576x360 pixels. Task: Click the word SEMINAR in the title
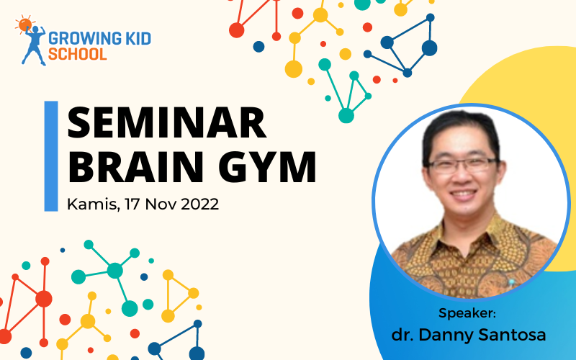(x=167, y=122)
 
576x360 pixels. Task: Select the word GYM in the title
(x=267, y=167)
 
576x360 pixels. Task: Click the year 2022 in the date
(x=199, y=204)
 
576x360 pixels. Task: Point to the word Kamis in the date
(x=92, y=204)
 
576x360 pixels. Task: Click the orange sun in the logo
(x=24, y=24)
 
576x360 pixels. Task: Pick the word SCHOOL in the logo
(x=78, y=53)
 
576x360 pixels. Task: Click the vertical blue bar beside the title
(x=51, y=156)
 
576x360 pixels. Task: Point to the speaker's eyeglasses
(x=462, y=165)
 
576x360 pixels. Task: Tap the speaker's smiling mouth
(x=463, y=194)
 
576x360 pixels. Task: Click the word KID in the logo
(x=138, y=38)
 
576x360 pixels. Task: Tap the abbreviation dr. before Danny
(x=402, y=335)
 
